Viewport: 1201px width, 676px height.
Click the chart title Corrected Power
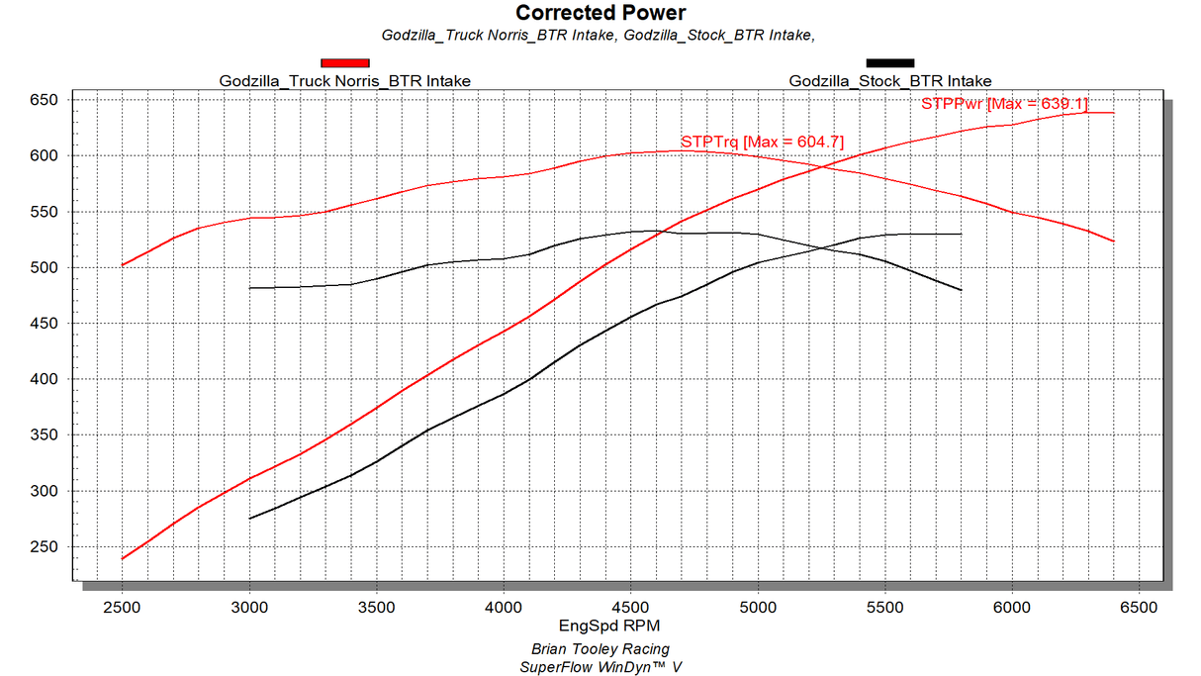(600, 13)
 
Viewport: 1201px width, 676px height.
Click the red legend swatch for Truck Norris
(344, 63)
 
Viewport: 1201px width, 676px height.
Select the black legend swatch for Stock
(889, 63)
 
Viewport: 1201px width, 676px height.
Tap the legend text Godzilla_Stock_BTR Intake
(889, 81)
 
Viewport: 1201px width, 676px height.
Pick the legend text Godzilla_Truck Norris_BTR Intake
(344, 81)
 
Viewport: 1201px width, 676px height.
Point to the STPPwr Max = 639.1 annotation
(1003, 104)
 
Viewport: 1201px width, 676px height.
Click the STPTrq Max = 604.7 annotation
(762, 142)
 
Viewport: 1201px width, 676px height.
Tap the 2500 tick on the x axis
(122, 605)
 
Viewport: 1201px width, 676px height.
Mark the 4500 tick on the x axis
(630, 605)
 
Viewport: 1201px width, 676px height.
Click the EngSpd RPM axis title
(601, 626)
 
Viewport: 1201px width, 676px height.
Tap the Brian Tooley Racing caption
(600, 649)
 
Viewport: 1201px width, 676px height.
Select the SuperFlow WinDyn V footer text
(600, 667)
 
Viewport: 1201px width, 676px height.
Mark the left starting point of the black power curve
(249, 518)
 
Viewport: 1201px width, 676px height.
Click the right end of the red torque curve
(1114, 241)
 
